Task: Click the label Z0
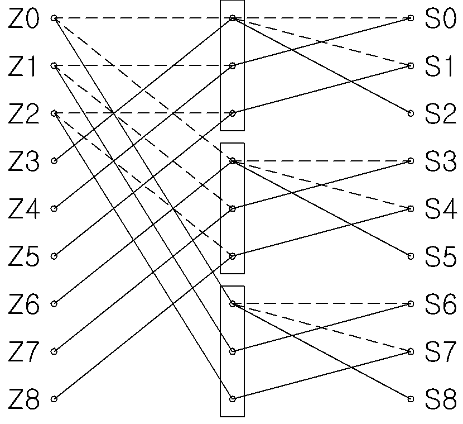[23, 18]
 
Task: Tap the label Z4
[23, 209]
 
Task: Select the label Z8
[23, 399]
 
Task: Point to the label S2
[441, 113]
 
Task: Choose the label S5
[441, 256]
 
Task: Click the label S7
[441, 351]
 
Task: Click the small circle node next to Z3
[54, 161]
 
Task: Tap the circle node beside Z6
[54, 304]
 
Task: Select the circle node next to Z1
[54, 65]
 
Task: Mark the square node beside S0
[411, 18]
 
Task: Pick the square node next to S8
[411, 399]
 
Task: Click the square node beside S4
[411, 209]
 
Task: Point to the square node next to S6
[411, 304]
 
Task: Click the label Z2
[23, 114]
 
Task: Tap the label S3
[441, 161]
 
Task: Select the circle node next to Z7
[54, 351]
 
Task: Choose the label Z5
[23, 256]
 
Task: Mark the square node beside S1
[411, 66]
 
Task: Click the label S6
[441, 304]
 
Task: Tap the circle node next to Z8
[54, 399]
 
